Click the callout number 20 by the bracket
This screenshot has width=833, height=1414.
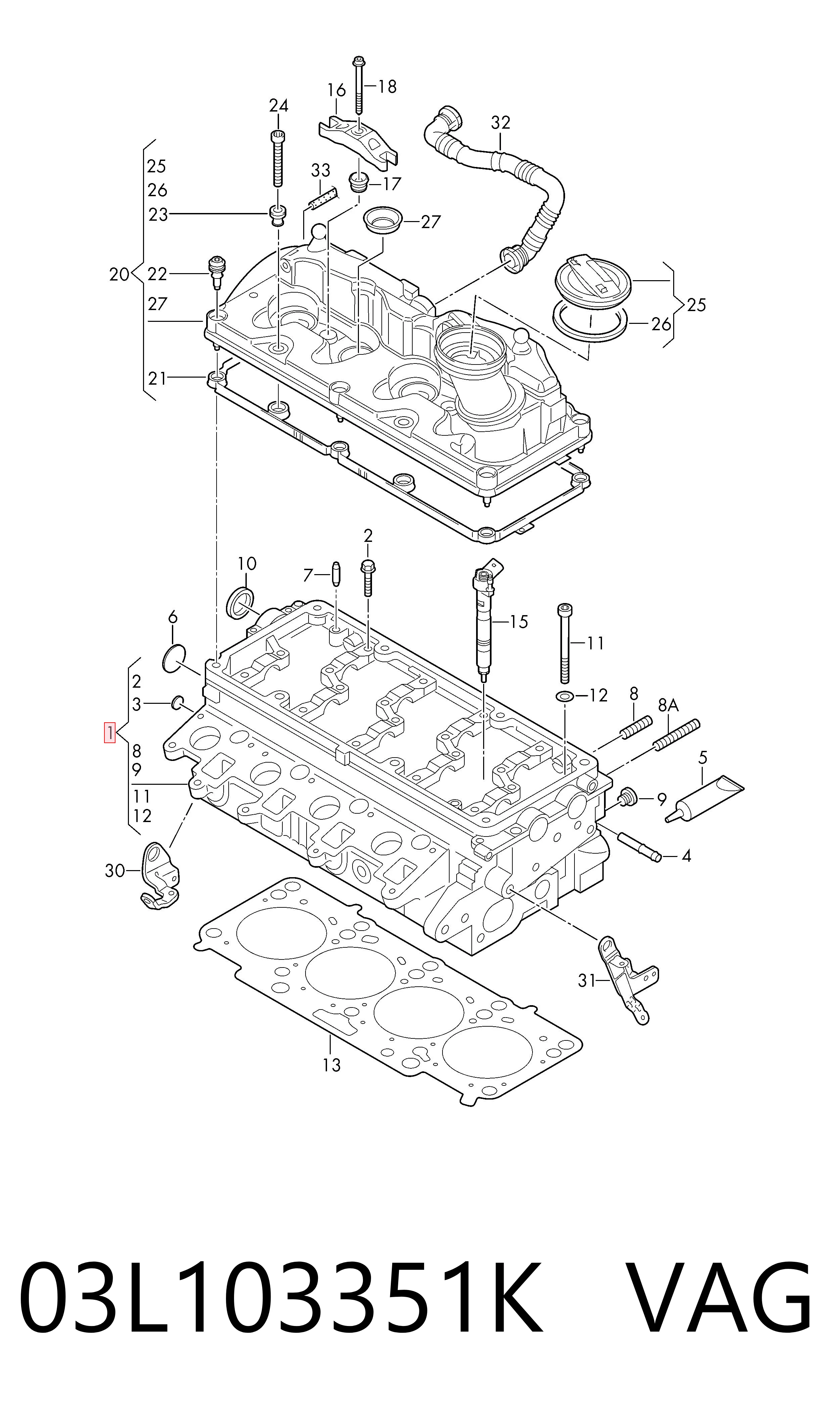pyautogui.click(x=119, y=274)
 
